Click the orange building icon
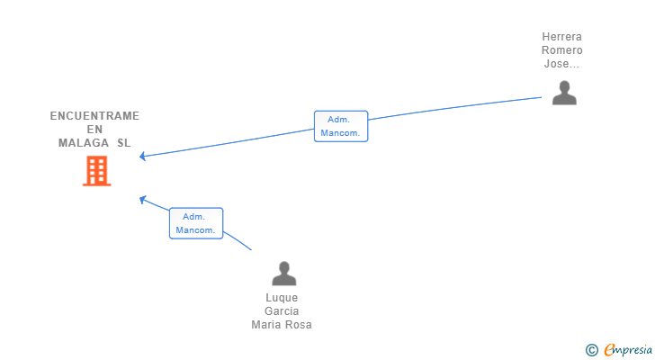[96, 170]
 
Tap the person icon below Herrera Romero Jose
[564, 93]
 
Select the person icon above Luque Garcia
[283, 273]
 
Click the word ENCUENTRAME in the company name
[94, 116]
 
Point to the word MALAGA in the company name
[84, 143]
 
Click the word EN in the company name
[94, 130]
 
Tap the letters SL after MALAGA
[123, 143]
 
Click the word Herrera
[561, 37]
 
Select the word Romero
[561, 50]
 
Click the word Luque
[282, 298]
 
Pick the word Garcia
[282, 311]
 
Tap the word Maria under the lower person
[267, 325]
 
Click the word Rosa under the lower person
[299, 325]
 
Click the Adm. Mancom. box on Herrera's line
[340, 126]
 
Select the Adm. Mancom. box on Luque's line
[195, 223]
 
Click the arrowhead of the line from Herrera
[143, 157]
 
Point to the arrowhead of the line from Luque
[142, 198]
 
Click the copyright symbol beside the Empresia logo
[591, 349]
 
